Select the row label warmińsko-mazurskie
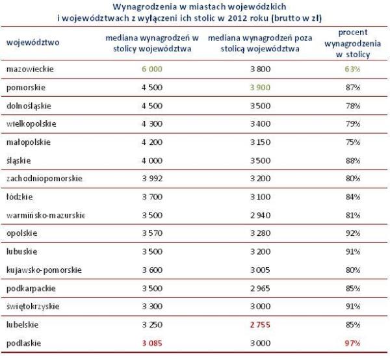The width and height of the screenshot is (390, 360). click(x=44, y=214)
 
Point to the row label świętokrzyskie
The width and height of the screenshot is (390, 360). click(x=34, y=305)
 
